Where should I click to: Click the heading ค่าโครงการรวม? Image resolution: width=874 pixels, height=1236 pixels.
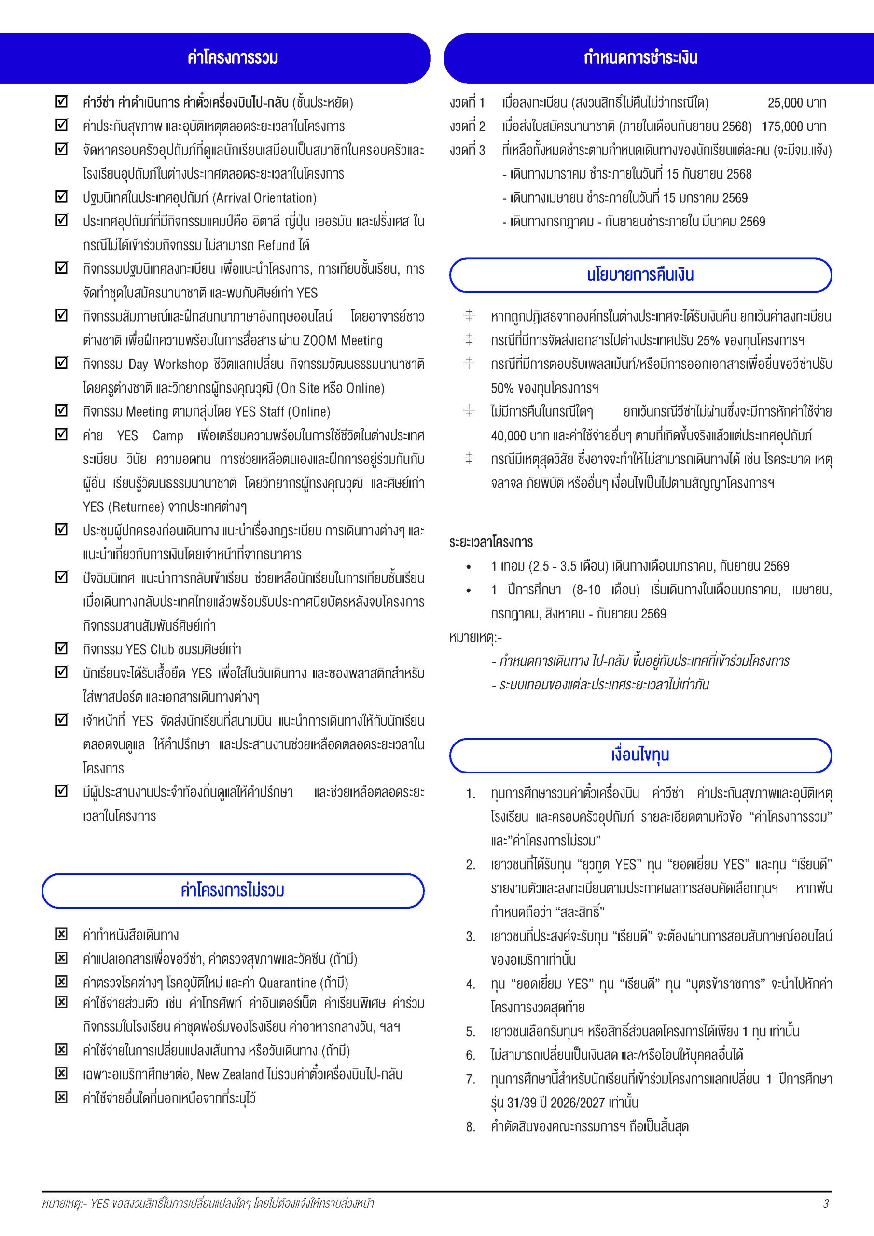click(x=233, y=57)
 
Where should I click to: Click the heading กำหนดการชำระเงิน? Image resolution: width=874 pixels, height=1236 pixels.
click(x=640, y=57)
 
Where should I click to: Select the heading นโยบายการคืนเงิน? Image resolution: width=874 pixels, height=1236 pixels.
click(x=640, y=275)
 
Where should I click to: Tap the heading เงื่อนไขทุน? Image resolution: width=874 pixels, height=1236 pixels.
click(x=640, y=755)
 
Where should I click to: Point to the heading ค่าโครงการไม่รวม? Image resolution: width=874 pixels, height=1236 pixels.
click(x=233, y=890)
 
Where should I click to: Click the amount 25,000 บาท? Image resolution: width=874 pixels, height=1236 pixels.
click(x=796, y=103)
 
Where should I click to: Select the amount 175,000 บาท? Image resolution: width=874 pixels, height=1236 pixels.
click(x=793, y=126)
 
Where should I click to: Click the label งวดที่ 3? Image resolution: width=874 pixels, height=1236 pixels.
click(x=467, y=150)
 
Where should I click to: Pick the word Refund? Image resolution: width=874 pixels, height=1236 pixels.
click(x=277, y=245)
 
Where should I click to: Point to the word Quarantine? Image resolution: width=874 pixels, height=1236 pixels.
click(x=288, y=983)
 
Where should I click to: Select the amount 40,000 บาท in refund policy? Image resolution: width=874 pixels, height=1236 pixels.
click(x=515, y=435)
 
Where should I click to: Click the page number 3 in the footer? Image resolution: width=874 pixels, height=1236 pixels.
click(x=826, y=1204)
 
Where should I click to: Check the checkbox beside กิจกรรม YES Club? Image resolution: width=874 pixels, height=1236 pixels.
click(x=62, y=649)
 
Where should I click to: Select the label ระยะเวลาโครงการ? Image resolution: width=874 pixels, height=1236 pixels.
click(x=491, y=542)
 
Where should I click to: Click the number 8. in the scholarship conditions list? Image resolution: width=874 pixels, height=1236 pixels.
click(x=471, y=1127)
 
